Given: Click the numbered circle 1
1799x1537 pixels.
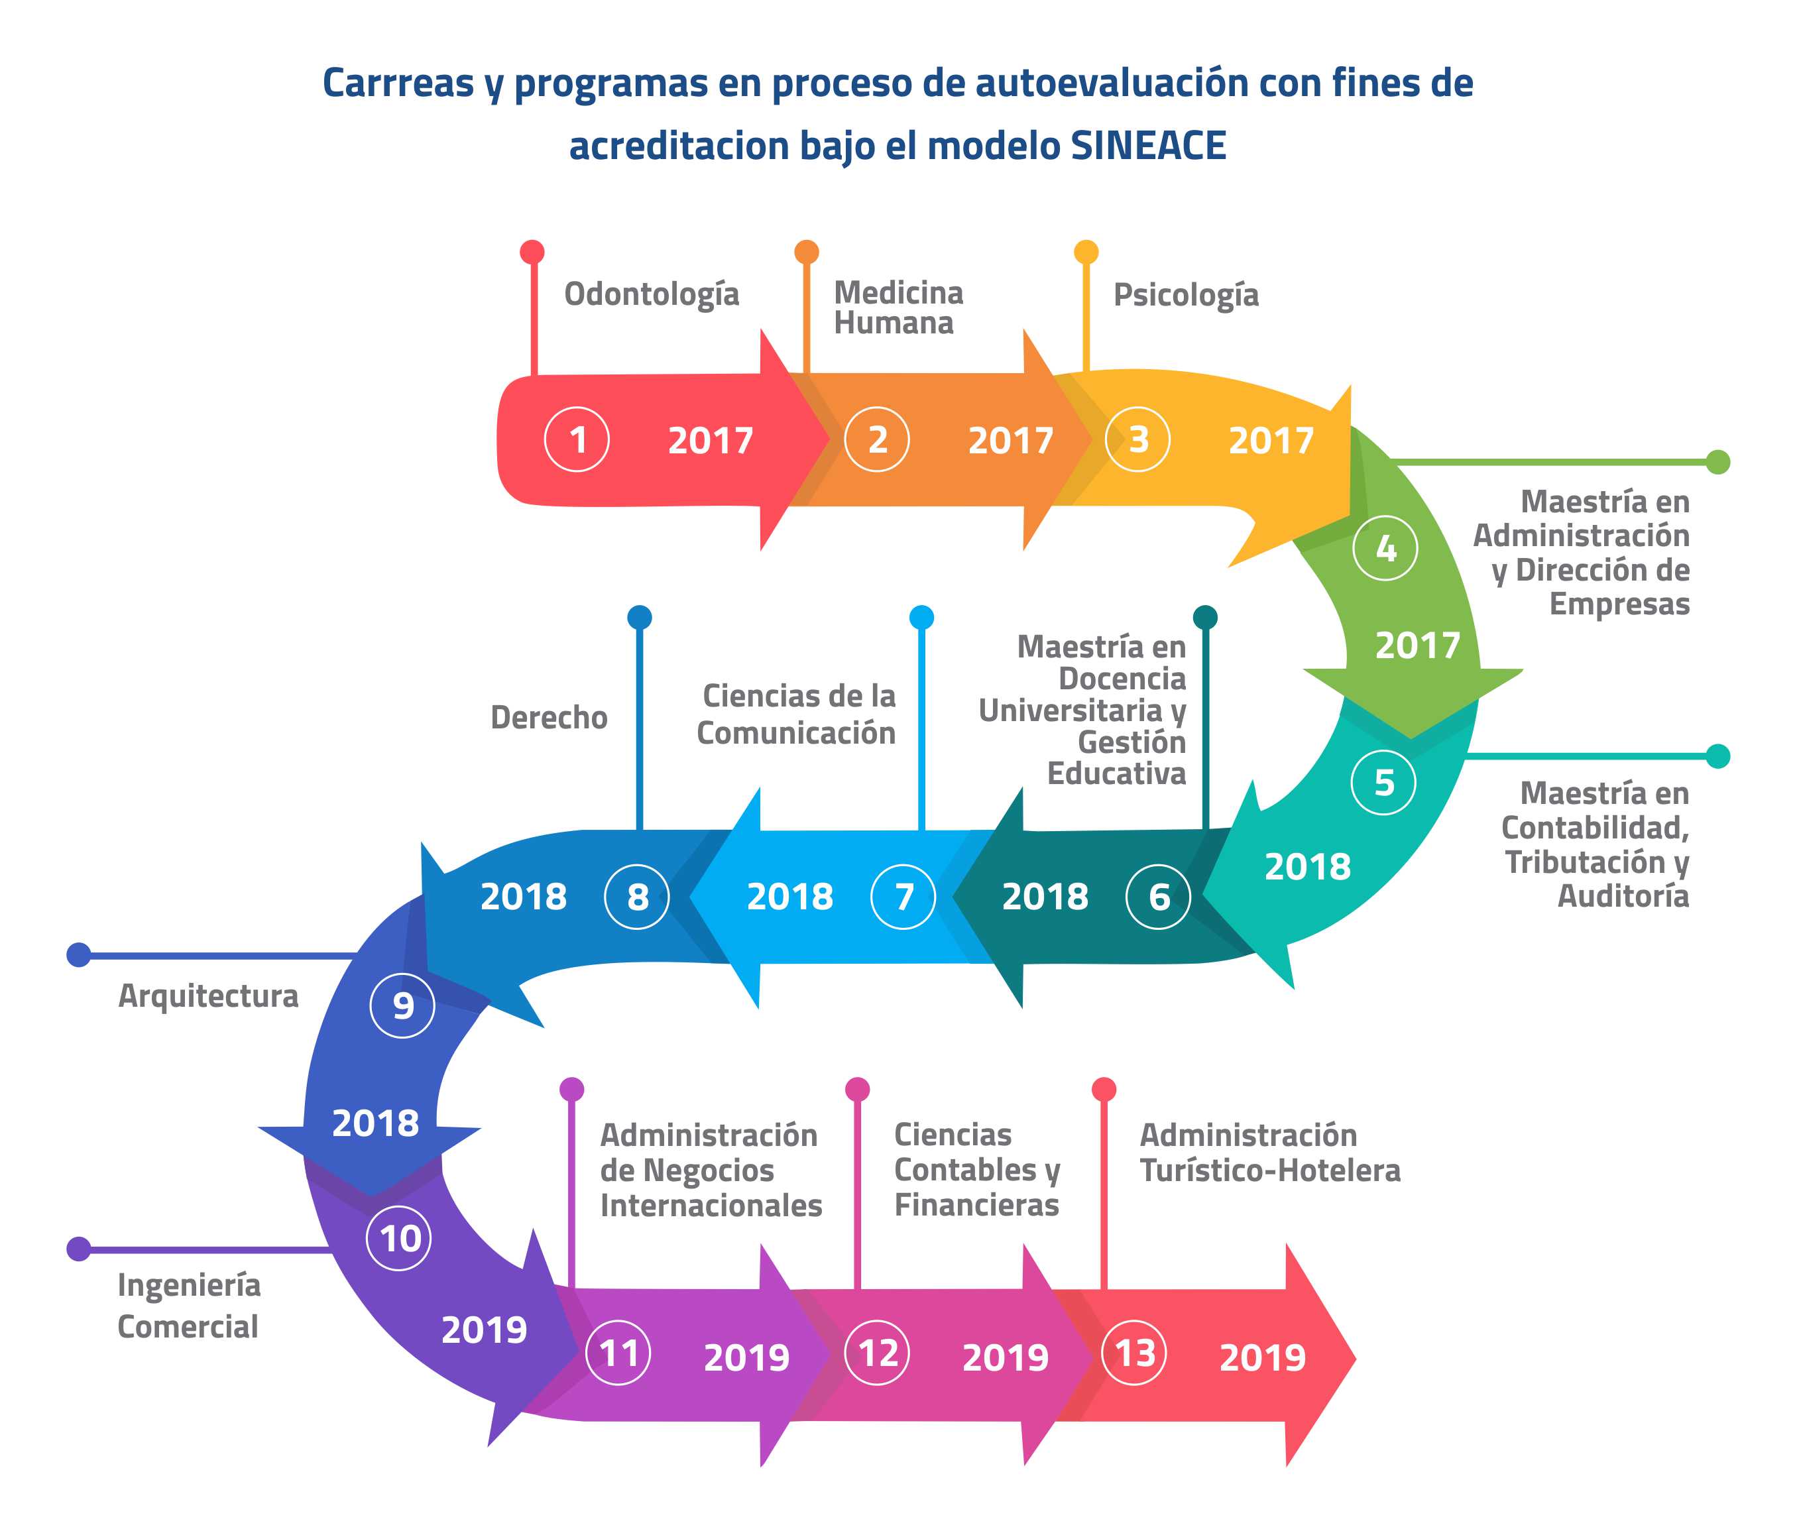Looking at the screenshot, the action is (x=577, y=439).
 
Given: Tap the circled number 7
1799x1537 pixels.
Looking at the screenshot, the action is (x=903, y=896).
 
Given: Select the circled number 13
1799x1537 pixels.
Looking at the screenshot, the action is (x=1134, y=1353).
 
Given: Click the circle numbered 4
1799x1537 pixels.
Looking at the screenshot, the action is (x=1386, y=548).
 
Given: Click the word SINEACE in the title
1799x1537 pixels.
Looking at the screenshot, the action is (x=1149, y=145).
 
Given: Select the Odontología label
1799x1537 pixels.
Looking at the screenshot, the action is (x=651, y=294).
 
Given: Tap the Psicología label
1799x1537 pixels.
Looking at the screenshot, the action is (x=1186, y=294).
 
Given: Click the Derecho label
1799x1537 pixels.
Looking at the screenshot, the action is (x=549, y=717).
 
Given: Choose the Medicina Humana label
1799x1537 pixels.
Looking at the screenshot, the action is (x=899, y=308).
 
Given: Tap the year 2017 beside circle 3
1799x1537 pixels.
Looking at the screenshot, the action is (x=1271, y=440).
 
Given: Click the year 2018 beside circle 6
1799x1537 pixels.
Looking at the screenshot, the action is (x=1045, y=897).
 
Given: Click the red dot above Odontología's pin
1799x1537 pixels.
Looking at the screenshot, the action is (x=532, y=252).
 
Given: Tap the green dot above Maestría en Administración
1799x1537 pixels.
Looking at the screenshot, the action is (x=1717, y=462).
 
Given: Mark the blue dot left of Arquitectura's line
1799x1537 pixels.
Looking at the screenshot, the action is (x=79, y=955).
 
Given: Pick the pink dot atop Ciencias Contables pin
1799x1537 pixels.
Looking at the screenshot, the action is (x=857, y=1089).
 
